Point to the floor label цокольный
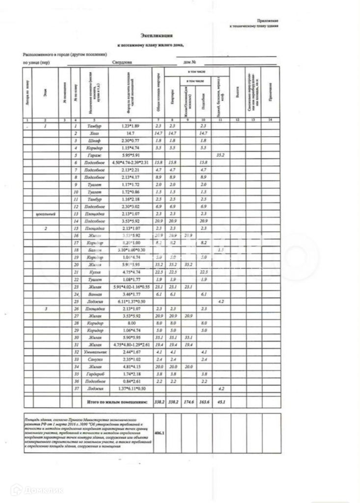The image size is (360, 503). point(45,214)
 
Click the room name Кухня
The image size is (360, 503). point(94,272)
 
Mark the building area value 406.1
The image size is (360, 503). point(159,433)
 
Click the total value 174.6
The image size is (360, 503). point(187,401)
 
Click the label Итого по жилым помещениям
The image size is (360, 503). point(117,401)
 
